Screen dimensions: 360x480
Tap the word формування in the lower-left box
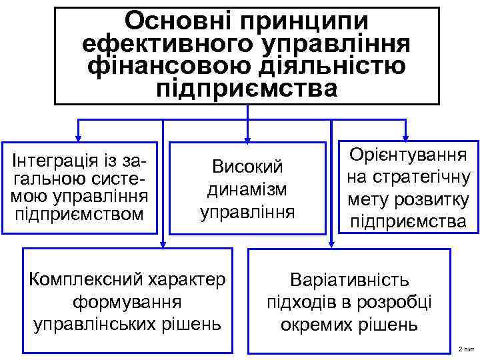click(x=127, y=301)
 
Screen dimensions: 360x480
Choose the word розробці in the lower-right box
click(x=399, y=302)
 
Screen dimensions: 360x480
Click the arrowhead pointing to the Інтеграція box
click(x=79, y=136)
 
